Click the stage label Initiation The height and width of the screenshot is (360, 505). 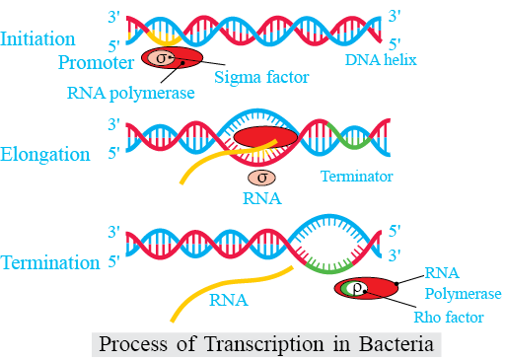37,38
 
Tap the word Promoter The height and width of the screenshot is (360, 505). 96,62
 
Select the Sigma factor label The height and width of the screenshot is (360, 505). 261,78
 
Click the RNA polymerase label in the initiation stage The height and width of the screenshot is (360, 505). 130,93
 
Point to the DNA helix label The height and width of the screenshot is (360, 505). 381,60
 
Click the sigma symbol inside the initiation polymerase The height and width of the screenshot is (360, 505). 161,58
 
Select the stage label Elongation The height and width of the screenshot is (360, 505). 45,154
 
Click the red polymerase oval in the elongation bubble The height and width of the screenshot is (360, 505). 265,137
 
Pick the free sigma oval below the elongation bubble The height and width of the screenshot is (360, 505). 261,178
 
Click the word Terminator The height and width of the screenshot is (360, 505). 356,177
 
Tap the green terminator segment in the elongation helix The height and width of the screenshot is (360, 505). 350,137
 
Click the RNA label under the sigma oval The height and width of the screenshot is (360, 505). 262,198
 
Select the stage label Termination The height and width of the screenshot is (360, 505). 50,262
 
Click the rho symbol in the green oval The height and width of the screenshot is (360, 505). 357,289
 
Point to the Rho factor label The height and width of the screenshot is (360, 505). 449,318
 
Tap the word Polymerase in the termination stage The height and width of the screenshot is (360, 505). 463,294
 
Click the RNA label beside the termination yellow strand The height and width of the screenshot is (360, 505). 229,300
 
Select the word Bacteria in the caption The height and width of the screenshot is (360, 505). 396,344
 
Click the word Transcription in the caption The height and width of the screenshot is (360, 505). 263,344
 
